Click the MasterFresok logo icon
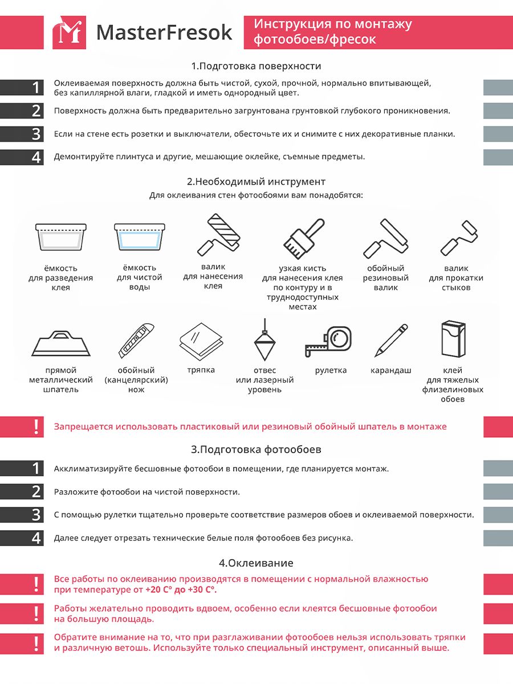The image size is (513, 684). pyautogui.click(x=69, y=32)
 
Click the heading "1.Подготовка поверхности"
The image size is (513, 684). pyautogui.click(x=256, y=66)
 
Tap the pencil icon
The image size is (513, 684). pyautogui.click(x=391, y=340)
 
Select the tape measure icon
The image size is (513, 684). pyautogui.click(x=330, y=341)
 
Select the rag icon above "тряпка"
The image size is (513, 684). pyautogui.click(x=201, y=340)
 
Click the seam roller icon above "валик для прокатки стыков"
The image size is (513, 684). pyautogui.click(x=459, y=238)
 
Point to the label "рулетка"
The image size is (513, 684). pyautogui.click(x=331, y=370)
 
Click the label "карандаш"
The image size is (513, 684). pyautogui.click(x=391, y=370)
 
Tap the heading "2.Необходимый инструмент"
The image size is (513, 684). pyautogui.click(x=256, y=182)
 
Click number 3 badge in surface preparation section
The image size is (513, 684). pyautogui.click(x=36, y=135)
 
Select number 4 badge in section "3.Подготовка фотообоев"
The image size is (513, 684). pyautogui.click(x=36, y=538)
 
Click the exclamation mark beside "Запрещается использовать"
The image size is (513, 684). pyautogui.click(x=36, y=426)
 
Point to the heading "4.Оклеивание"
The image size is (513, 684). pyautogui.click(x=256, y=563)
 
